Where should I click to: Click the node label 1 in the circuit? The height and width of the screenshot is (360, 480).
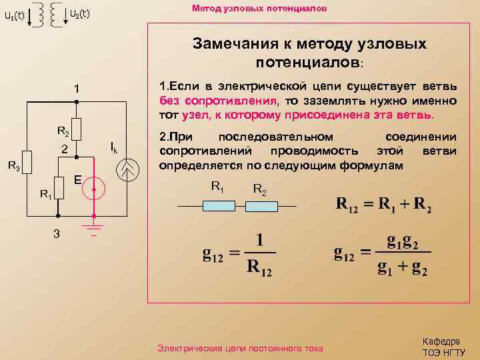77,89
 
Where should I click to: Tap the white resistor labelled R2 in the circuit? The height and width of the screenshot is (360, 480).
77,128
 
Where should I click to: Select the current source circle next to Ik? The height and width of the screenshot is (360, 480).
127,171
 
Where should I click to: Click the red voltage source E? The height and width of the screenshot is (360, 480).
94,190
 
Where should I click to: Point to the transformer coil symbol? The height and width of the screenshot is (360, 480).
43,14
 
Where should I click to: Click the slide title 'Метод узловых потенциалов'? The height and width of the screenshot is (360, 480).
259,9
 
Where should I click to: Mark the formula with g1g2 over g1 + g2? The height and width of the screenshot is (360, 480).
383,253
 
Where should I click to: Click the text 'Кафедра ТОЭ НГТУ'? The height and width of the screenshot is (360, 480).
443,347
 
